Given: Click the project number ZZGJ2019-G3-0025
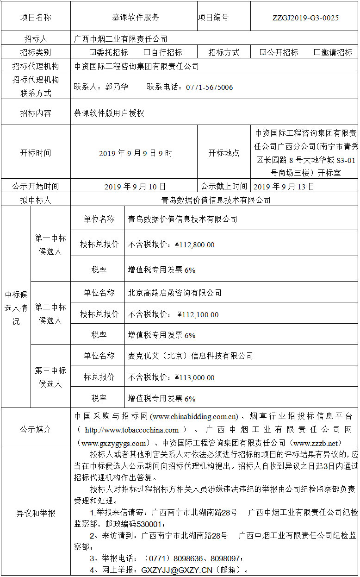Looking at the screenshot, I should coord(305,18).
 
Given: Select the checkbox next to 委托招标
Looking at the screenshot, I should coord(92,52).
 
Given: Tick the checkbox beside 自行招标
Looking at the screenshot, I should coord(147,52).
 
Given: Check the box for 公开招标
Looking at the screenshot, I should coord(263,52).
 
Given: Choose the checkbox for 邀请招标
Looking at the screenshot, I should coord(317,52).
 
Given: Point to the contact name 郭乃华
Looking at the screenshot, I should coord(117,87).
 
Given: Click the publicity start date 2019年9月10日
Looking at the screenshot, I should coord(135,187).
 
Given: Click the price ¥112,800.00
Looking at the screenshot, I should coord(194,245).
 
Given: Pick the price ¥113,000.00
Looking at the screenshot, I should coord(194,378).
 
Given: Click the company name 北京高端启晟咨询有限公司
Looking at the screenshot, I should coord(175,293).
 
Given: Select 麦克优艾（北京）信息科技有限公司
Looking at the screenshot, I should coord(191,356).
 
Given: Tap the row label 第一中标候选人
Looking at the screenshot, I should coord(50,245).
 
